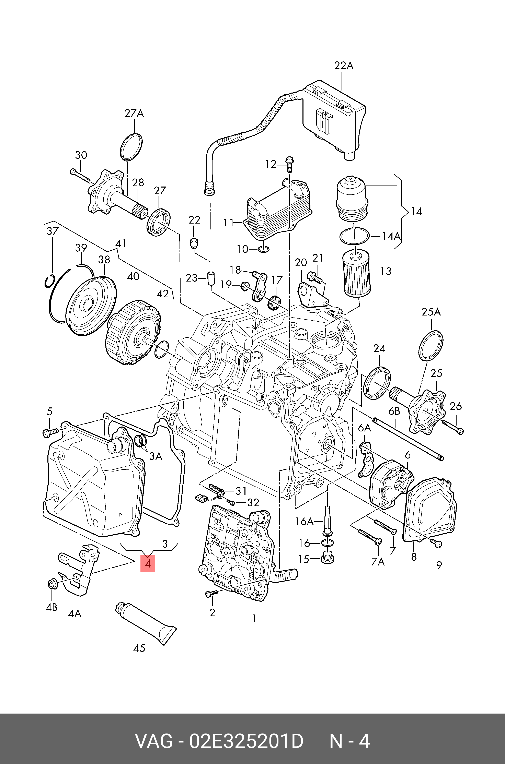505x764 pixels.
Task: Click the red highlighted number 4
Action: click(x=148, y=563)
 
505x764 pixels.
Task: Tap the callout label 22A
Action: click(x=344, y=66)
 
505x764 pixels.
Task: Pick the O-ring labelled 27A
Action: click(x=131, y=146)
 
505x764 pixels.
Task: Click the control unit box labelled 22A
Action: click(x=333, y=119)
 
